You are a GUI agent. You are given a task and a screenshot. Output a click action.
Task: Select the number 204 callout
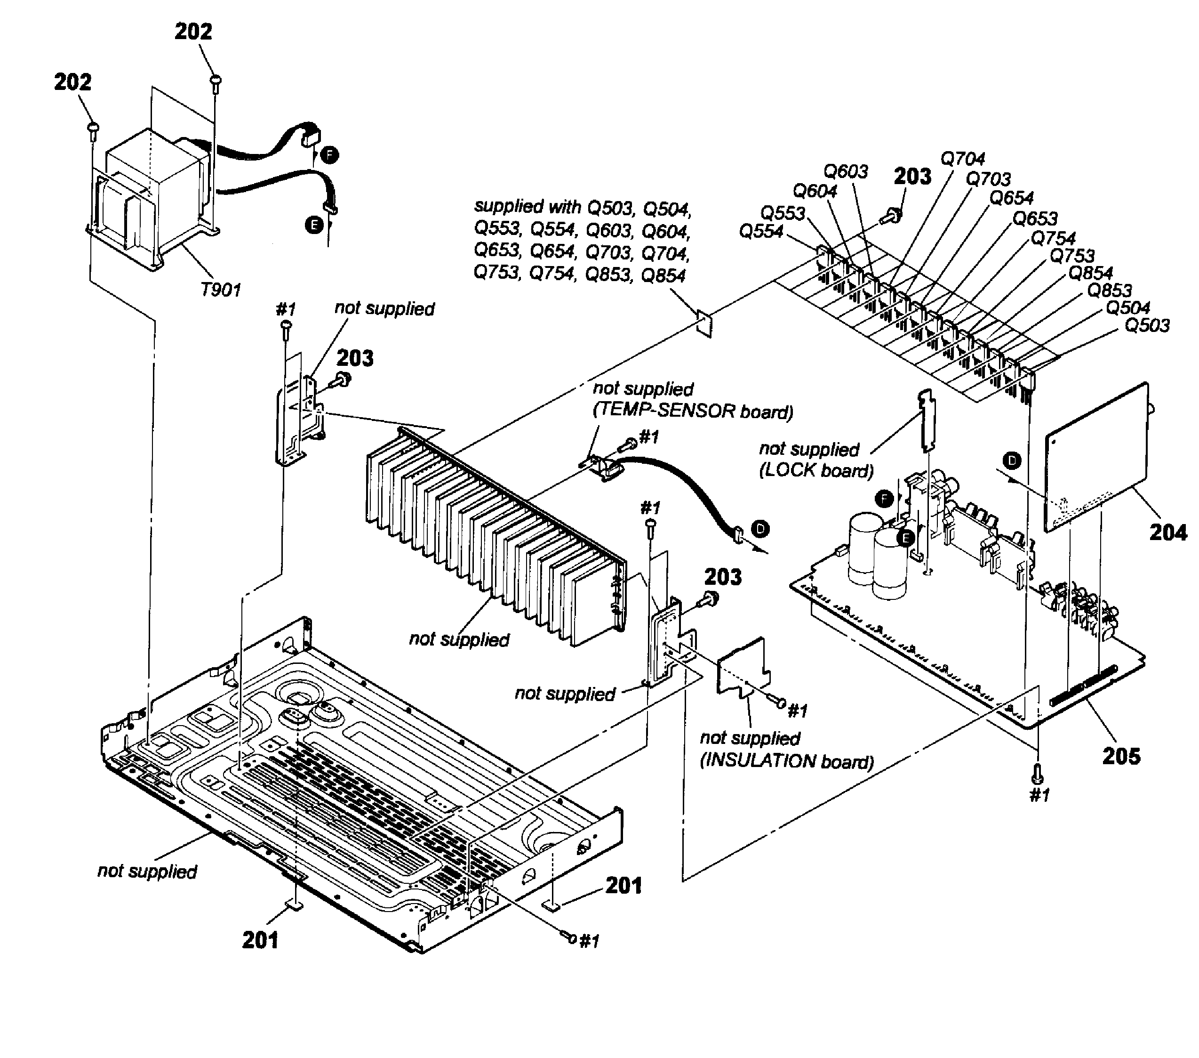(1167, 532)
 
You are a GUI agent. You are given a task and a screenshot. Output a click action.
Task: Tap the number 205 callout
(1121, 756)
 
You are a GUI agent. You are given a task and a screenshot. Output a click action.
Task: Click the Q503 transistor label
(1147, 325)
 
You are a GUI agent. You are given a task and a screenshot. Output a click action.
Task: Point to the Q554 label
(761, 231)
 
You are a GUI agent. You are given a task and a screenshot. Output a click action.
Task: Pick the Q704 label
(963, 158)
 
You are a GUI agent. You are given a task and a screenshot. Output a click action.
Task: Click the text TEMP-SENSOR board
(693, 411)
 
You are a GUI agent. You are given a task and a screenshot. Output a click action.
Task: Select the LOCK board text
(816, 470)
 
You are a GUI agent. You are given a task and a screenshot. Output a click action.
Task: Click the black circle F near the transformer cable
(330, 155)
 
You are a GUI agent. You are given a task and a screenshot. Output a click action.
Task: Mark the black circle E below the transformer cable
(314, 225)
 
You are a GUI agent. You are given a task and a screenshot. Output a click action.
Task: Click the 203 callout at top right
(912, 176)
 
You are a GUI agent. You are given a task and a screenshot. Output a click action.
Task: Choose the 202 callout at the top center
(193, 31)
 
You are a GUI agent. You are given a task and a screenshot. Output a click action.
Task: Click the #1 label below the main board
(1039, 795)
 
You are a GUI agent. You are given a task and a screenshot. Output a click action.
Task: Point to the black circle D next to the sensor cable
(760, 529)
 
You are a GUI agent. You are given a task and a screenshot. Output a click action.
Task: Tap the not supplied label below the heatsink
(459, 639)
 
